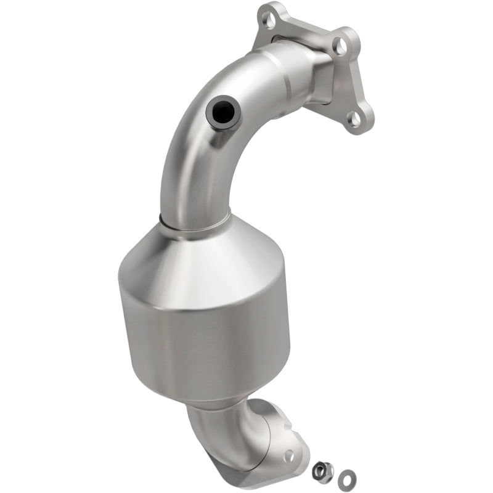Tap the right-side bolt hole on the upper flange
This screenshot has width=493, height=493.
(339, 44)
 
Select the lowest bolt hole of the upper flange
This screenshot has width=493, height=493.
(356, 119)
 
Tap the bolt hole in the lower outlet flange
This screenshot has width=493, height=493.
(289, 455)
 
